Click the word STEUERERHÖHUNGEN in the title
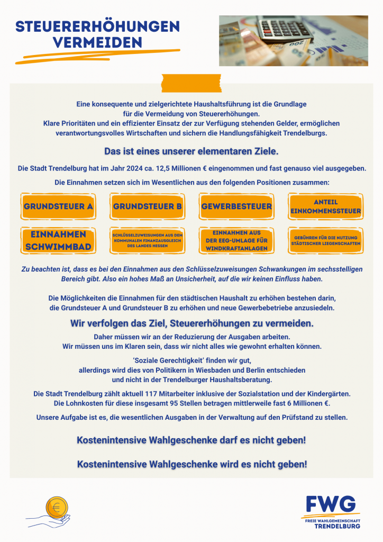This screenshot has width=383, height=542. tap(97, 26)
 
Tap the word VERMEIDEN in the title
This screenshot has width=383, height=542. tap(97, 42)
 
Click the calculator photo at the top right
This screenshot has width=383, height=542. tap(294, 40)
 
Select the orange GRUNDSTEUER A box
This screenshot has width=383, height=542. tap(58, 206)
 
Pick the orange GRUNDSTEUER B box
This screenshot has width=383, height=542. tap(148, 206)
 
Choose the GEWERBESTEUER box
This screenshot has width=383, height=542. tap(236, 206)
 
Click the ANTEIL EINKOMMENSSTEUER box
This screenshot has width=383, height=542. tap(326, 206)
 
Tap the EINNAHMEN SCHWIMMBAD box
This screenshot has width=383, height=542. tap(58, 240)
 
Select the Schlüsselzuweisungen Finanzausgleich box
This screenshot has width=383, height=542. tap(148, 240)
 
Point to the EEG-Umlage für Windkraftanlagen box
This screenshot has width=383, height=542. tap(236, 240)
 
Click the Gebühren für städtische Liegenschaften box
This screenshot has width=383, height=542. tap(326, 240)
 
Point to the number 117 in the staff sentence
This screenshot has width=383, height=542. tap(155, 394)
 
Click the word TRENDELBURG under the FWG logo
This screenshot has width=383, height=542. tap(338, 527)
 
